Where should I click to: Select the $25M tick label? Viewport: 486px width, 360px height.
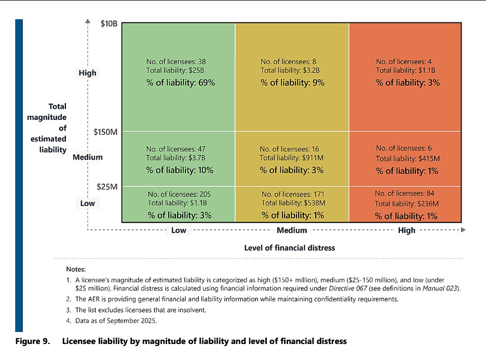click(x=107, y=186)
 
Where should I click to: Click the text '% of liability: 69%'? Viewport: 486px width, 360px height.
click(x=180, y=82)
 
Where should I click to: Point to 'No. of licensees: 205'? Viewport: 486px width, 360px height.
click(x=179, y=194)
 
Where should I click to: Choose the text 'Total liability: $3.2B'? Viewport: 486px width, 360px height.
click(x=290, y=71)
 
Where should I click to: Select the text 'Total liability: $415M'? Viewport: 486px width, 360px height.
click(x=408, y=158)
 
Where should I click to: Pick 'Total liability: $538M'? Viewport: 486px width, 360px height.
click(x=293, y=203)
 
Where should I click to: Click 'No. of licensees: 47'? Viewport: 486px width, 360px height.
click(x=177, y=148)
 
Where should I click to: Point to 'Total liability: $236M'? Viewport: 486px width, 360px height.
click(x=407, y=204)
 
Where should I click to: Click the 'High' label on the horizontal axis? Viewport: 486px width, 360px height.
click(x=407, y=230)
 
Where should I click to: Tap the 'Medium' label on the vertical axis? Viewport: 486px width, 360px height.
click(x=88, y=157)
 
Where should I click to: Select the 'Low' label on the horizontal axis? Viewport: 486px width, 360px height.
click(x=179, y=230)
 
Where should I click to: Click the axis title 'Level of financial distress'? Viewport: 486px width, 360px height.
click(x=290, y=248)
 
